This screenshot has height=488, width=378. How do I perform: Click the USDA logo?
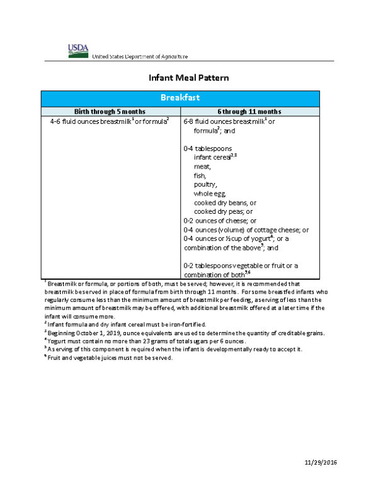point(79,50)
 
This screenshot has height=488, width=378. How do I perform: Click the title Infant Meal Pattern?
point(188,78)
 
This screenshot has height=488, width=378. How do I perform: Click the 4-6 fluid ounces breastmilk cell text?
point(110,121)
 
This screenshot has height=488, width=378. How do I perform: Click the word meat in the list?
point(202,167)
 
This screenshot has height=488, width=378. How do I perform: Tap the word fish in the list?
point(200,176)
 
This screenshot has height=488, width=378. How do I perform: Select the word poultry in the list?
point(205,185)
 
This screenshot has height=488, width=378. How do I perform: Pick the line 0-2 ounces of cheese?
point(219,221)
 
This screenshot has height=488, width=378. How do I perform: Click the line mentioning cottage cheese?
point(246,230)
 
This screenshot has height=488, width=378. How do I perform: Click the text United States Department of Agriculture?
point(140,57)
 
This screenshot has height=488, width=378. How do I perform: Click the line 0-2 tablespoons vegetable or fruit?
point(241,266)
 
